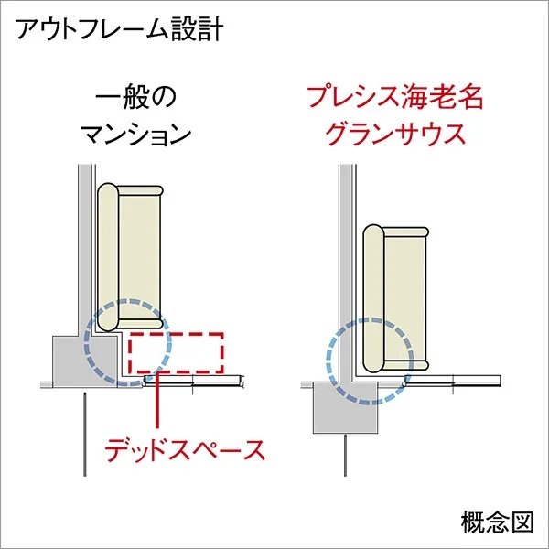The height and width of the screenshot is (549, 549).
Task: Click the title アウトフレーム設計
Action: tap(119, 29)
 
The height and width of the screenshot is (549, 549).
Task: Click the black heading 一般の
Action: tap(135, 98)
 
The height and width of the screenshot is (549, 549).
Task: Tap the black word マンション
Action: tap(136, 135)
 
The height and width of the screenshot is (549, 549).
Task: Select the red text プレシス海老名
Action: tap(395, 98)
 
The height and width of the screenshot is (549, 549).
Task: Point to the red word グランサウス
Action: tap(395, 135)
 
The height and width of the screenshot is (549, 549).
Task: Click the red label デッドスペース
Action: tap(185, 450)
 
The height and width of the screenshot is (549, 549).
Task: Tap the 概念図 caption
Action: tap(497, 522)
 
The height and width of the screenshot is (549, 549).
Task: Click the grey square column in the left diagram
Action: tap(85, 361)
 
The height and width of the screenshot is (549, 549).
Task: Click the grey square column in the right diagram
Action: tap(346, 407)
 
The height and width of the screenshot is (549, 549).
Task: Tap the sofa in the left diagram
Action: tap(130, 257)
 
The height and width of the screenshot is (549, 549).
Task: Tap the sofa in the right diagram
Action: tap(395, 298)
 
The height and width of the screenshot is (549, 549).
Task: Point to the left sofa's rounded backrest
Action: tap(107, 257)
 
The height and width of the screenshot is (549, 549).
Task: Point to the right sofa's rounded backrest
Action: tap(373, 298)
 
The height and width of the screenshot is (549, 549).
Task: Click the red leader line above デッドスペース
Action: tap(156, 401)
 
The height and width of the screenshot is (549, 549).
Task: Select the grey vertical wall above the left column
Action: tap(85, 251)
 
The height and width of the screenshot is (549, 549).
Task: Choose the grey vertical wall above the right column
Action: tap(345, 273)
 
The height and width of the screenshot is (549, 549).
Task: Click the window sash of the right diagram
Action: tap(452, 381)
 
